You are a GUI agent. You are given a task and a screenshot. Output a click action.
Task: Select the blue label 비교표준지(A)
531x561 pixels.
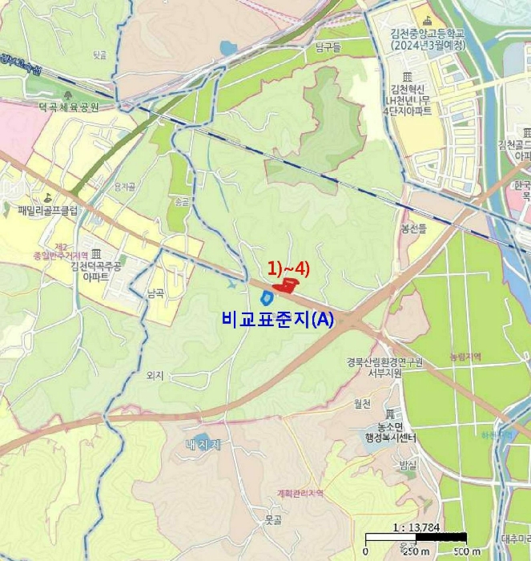[x=278, y=318]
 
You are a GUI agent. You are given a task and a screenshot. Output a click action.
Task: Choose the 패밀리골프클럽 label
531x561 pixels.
[x=48, y=212]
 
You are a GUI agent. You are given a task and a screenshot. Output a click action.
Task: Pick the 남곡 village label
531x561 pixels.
[x=155, y=293]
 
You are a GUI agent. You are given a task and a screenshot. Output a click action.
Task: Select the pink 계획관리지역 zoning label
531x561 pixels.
[x=299, y=494]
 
